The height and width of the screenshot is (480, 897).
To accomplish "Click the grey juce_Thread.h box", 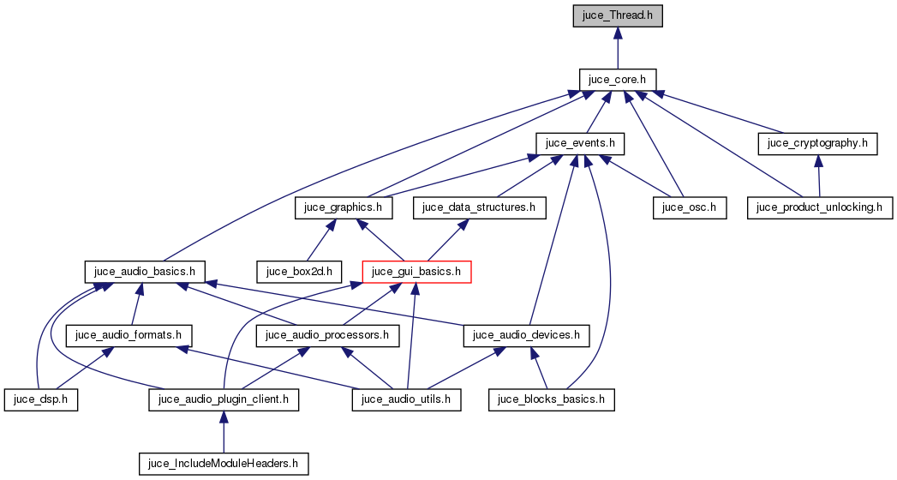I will [x=618, y=15].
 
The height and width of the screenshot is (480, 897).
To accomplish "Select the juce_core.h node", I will [x=618, y=79].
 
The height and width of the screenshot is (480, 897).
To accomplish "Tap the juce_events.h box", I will [x=581, y=143].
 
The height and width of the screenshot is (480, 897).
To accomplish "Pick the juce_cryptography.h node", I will [x=818, y=143].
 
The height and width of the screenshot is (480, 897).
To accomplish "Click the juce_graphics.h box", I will [x=344, y=207].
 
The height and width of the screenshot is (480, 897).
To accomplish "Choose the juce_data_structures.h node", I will [x=479, y=207].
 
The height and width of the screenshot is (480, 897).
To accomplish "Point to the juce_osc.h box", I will [x=690, y=207].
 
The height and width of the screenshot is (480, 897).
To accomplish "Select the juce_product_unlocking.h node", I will [x=821, y=207].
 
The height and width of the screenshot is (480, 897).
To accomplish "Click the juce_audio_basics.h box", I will [x=145, y=272].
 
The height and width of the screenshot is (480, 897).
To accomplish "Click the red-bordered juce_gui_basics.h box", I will [x=417, y=272].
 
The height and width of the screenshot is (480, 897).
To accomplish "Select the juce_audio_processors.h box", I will [x=329, y=335].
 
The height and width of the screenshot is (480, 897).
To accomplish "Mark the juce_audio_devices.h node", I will [x=527, y=335].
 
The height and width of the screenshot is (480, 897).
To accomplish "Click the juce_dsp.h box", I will [x=41, y=399].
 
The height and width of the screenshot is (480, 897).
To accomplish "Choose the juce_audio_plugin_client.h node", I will [x=224, y=399].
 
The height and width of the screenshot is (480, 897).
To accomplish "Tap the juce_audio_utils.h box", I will [x=408, y=399].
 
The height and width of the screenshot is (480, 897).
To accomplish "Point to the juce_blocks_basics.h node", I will [x=553, y=399].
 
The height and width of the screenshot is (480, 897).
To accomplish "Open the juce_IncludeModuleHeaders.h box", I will [x=224, y=464].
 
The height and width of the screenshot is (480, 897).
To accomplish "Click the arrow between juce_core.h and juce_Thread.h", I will [x=618, y=47].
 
